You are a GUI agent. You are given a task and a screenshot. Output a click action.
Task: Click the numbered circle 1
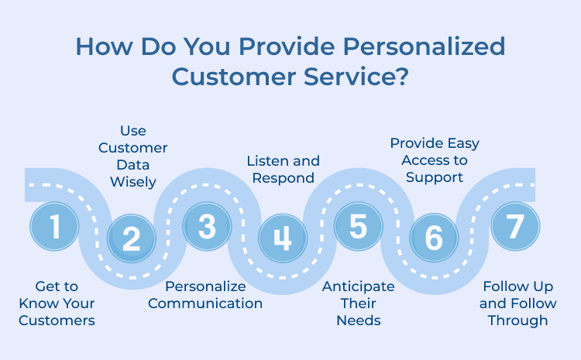coord(54,226)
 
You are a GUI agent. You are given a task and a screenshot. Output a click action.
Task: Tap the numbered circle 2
coord(131,238)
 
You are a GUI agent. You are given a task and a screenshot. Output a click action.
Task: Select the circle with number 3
coord(207,226)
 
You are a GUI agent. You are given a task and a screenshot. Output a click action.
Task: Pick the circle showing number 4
coord(283,238)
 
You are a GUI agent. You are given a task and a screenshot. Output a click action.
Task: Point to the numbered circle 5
coord(358,226)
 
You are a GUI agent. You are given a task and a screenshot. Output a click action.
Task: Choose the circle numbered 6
coord(434,238)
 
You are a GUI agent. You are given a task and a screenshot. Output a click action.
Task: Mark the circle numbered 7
coord(515,226)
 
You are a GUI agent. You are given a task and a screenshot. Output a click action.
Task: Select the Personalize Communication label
coord(205,294)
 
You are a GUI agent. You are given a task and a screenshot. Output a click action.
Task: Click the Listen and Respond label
coord(283,169)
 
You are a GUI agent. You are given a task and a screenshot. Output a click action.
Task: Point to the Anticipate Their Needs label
coord(358,303)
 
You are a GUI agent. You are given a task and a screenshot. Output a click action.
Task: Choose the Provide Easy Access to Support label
coord(435,160)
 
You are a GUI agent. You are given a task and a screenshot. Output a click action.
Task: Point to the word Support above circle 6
coord(435,177)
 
